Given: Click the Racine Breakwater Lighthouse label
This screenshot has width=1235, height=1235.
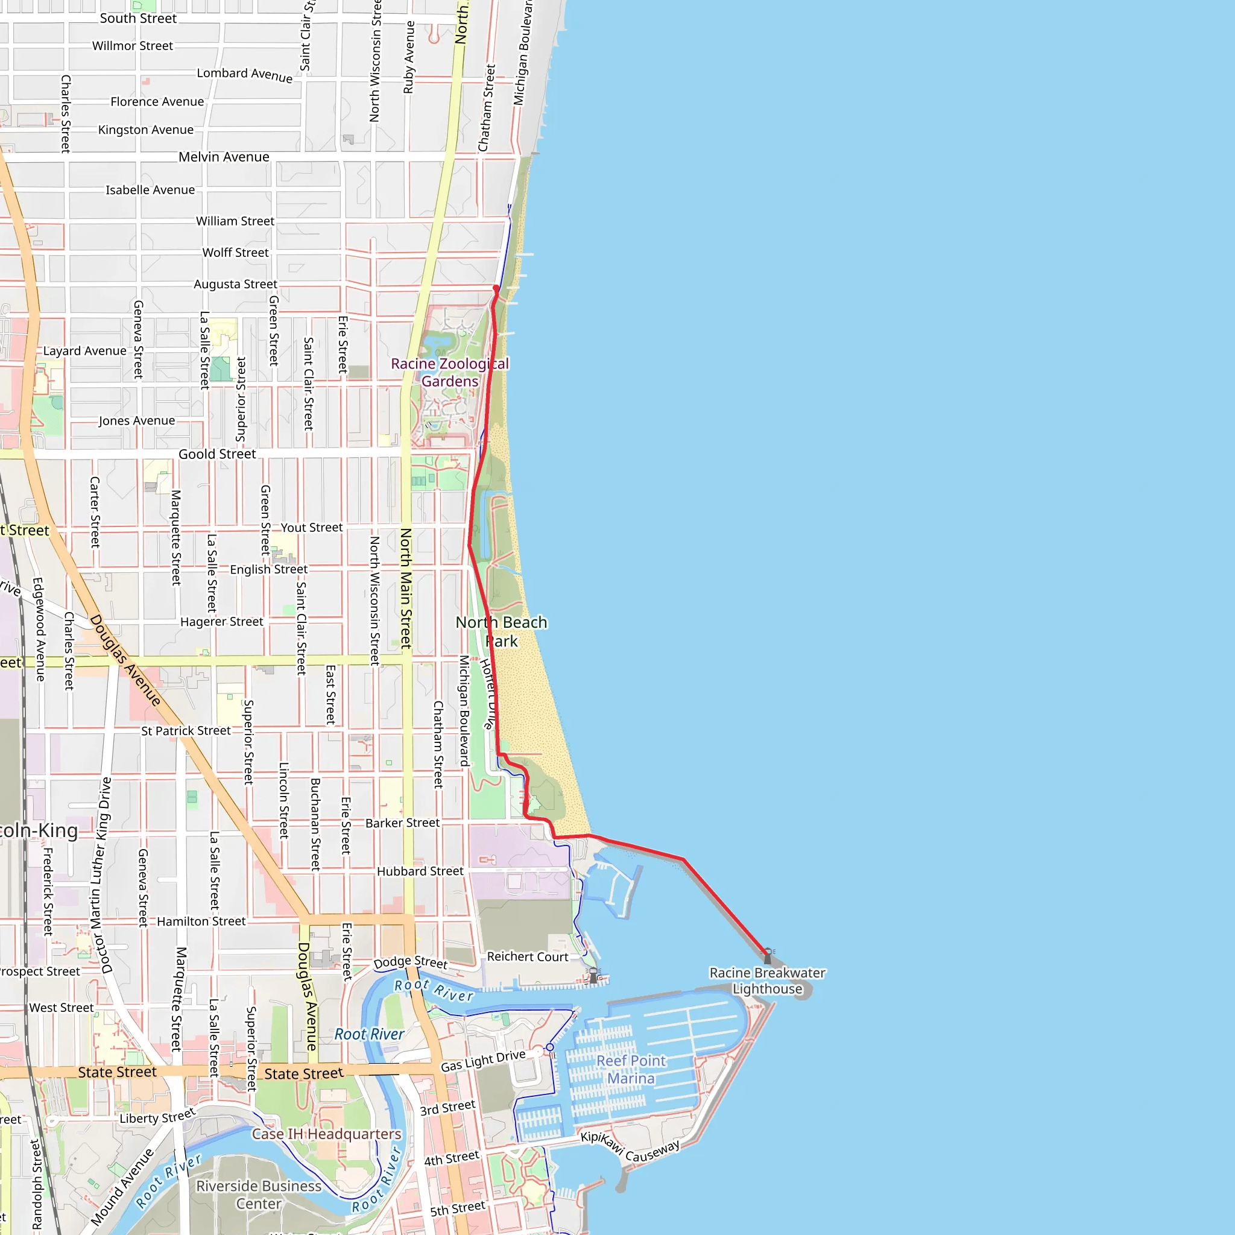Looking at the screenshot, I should pyautogui.click(x=767, y=981).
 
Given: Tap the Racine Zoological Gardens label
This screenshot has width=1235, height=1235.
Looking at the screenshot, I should pyautogui.click(x=449, y=372).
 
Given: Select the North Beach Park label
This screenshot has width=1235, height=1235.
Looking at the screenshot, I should pyautogui.click(x=501, y=631).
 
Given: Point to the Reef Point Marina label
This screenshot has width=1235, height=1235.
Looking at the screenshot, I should pyautogui.click(x=631, y=1069).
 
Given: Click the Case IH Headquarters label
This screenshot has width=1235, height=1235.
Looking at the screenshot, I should pyautogui.click(x=326, y=1134).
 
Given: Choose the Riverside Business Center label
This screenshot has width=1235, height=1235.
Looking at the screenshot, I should pyautogui.click(x=259, y=1195).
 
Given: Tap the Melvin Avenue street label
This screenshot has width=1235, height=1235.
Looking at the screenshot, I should pyautogui.click(x=224, y=157).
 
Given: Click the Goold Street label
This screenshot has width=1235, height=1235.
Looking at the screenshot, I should pyautogui.click(x=216, y=455).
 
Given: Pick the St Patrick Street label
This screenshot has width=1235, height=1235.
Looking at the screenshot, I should pyautogui.click(x=186, y=731).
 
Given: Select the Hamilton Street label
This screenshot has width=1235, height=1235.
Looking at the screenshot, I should pyautogui.click(x=201, y=921).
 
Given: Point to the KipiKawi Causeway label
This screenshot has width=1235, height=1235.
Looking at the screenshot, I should pyautogui.click(x=630, y=1147).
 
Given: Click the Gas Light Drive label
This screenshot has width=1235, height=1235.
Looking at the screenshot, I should pyautogui.click(x=482, y=1061).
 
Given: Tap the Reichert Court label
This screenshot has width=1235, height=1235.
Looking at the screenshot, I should pyautogui.click(x=528, y=957).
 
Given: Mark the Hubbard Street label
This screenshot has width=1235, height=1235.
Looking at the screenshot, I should pyautogui.click(x=420, y=871).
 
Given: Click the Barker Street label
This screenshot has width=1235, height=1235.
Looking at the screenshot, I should pyautogui.click(x=402, y=823).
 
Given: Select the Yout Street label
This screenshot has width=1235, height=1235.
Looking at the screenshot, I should pyautogui.click(x=311, y=528).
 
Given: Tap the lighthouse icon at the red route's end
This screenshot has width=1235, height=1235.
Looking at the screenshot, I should pyautogui.click(x=768, y=955).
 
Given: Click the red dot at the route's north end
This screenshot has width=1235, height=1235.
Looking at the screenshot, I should pyautogui.click(x=496, y=288).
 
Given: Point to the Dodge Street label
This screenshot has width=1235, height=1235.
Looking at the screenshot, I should pyautogui.click(x=411, y=962).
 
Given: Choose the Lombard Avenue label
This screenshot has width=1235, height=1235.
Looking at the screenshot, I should pyautogui.click(x=245, y=75).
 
